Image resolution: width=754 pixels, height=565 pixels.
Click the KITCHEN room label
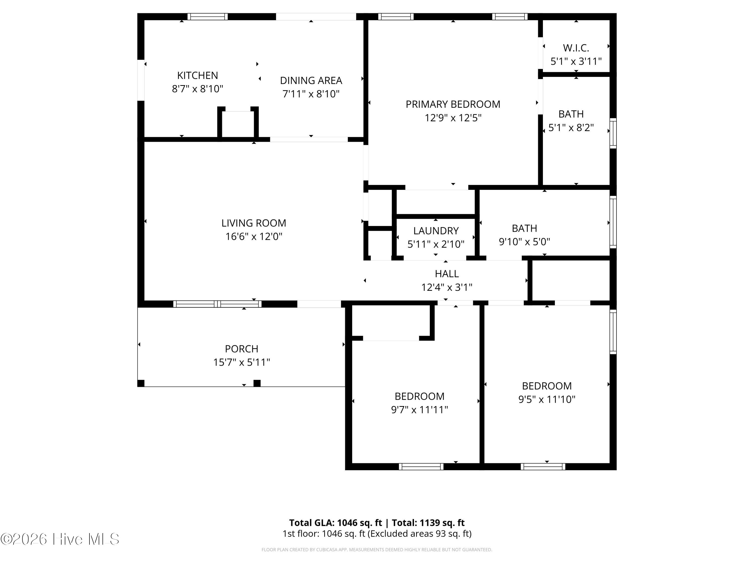click(x=197, y=75)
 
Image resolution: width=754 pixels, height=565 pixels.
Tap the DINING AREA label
click(x=311, y=80)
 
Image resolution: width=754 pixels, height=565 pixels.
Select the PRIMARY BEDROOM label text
click(x=453, y=104)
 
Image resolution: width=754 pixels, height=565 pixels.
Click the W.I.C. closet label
click(x=576, y=48)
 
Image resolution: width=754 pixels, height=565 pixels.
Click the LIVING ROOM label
click(x=254, y=223)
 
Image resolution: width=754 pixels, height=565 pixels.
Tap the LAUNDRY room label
click(x=436, y=231)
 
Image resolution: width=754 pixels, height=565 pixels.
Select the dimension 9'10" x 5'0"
click(x=524, y=242)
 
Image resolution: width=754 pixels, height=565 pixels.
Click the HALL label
click(x=447, y=274)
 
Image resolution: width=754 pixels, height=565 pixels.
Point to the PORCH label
click(x=241, y=349)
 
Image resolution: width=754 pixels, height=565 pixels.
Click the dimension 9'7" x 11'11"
click(x=419, y=410)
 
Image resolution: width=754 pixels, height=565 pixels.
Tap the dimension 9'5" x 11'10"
click(x=547, y=399)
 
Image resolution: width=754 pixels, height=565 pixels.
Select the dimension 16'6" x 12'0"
click(x=254, y=236)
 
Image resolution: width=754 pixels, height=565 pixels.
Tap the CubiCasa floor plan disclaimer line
click(x=377, y=550)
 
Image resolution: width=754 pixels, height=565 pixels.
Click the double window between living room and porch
click(x=217, y=304)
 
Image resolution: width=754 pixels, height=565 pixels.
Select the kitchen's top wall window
click(x=207, y=17)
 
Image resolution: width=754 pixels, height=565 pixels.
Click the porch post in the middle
click(x=257, y=383)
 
